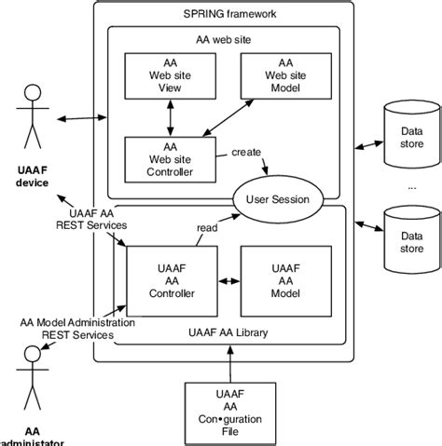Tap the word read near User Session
[207, 226]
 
